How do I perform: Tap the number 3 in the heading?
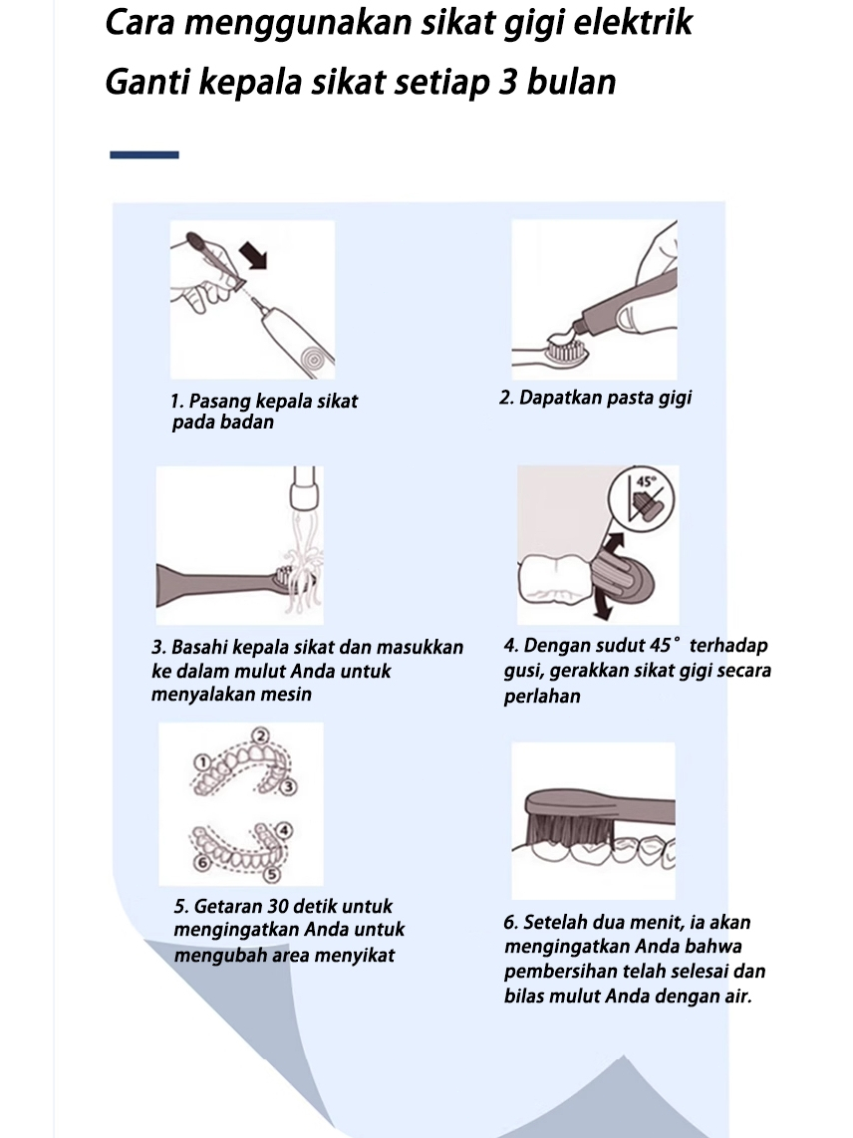[x=507, y=82]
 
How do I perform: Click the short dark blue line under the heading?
[x=143, y=154]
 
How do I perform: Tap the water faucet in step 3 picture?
[x=303, y=488]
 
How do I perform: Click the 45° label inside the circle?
[x=646, y=480]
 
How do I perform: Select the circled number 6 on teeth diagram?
[x=202, y=862]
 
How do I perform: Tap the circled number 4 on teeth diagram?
[x=284, y=830]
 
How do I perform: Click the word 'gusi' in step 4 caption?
[x=523, y=672]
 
